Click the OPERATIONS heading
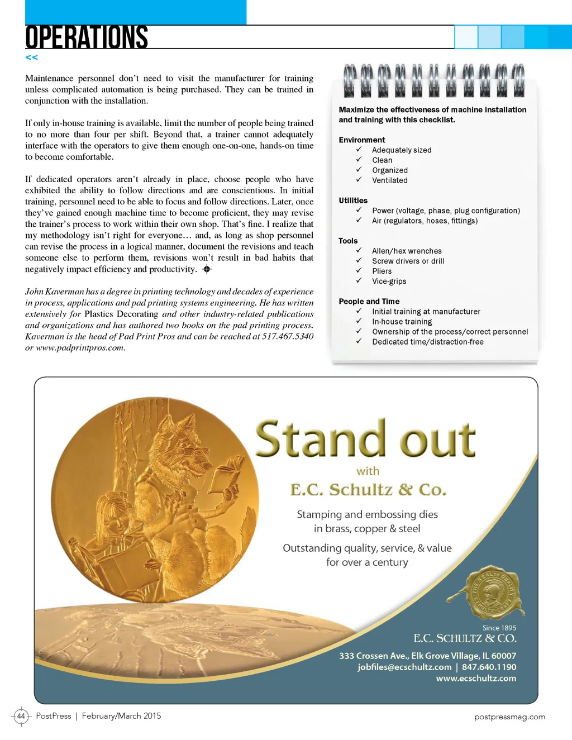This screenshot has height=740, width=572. pyautogui.click(x=87, y=37)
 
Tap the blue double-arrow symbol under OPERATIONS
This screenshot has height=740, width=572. pyautogui.click(x=32, y=58)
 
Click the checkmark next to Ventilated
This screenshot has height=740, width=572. pyautogui.click(x=359, y=180)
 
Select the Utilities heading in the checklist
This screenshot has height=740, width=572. pyautogui.click(x=353, y=200)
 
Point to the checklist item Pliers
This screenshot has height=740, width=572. pyautogui.click(x=382, y=271)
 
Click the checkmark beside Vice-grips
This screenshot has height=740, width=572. pyautogui.click(x=359, y=281)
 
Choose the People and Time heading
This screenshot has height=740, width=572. pyautogui.click(x=369, y=302)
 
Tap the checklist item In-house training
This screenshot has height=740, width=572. pyautogui.click(x=402, y=322)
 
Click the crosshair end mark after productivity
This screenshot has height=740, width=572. pyautogui.click(x=207, y=269)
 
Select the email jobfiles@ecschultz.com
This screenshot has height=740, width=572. pyautogui.click(x=404, y=667)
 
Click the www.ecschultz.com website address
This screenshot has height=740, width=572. pyautogui.click(x=476, y=678)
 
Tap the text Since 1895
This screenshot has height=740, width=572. pyautogui.click(x=499, y=628)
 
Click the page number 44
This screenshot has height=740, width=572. pyautogui.click(x=21, y=716)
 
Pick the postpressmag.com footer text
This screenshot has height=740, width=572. pyautogui.click(x=509, y=717)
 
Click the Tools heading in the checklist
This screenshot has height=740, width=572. pyautogui.click(x=348, y=241)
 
